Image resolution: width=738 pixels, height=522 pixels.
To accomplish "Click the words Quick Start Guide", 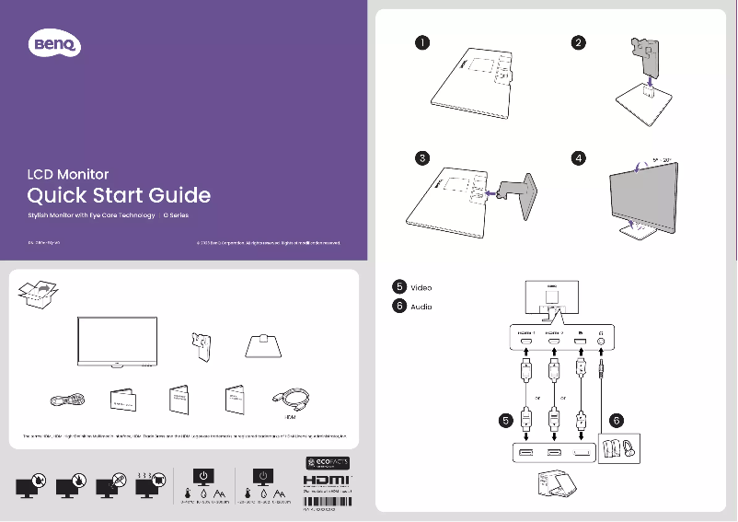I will tap(119, 195).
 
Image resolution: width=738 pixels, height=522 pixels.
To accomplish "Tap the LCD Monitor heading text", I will tap(68, 174).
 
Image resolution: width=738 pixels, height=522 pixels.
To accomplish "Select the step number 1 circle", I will tap(421, 42).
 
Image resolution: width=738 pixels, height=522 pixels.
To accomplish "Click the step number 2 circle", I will tap(578, 42).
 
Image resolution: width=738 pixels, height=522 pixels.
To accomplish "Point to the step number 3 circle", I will tap(421, 157).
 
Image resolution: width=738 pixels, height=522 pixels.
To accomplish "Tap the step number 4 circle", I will tap(578, 157).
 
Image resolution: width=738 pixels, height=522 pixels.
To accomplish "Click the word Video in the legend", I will tap(421, 287).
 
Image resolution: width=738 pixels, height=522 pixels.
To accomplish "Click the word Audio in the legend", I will tap(421, 307).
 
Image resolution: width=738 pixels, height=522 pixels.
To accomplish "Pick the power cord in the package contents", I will tap(66, 400).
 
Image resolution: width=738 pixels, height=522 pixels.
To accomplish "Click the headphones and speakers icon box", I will tap(617, 449).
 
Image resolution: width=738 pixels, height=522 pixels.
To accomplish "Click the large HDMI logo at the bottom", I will tap(328, 481).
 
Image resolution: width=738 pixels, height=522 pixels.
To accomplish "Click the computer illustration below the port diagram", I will tap(552, 487).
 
